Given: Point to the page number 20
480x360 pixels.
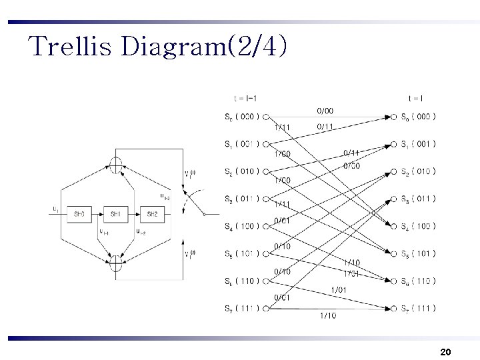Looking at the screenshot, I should click(x=446, y=351).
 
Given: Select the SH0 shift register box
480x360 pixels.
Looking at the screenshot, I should click(x=79, y=213).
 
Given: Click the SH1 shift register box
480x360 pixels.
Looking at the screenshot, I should click(x=115, y=213).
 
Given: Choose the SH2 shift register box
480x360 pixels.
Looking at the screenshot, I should click(x=152, y=213).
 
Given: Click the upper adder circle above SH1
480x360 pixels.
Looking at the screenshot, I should click(x=116, y=165).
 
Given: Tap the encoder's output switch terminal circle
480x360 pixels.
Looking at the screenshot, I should click(x=205, y=214).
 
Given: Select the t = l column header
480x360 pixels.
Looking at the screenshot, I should click(x=417, y=97).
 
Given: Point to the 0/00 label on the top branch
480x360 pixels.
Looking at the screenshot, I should click(x=325, y=110).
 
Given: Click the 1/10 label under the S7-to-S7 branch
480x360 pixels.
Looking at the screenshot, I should click(x=328, y=315).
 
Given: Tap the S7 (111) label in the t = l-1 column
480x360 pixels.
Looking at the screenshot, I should click(x=242, y=308).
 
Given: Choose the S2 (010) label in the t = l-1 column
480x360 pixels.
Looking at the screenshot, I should click(x=242, y=171).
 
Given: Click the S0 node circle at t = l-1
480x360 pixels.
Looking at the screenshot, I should click(x=266, y=117).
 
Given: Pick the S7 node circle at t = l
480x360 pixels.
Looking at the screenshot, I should click(x=394, y=308).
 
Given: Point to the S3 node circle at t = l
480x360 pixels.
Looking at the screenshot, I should click(x=394, y=199).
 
